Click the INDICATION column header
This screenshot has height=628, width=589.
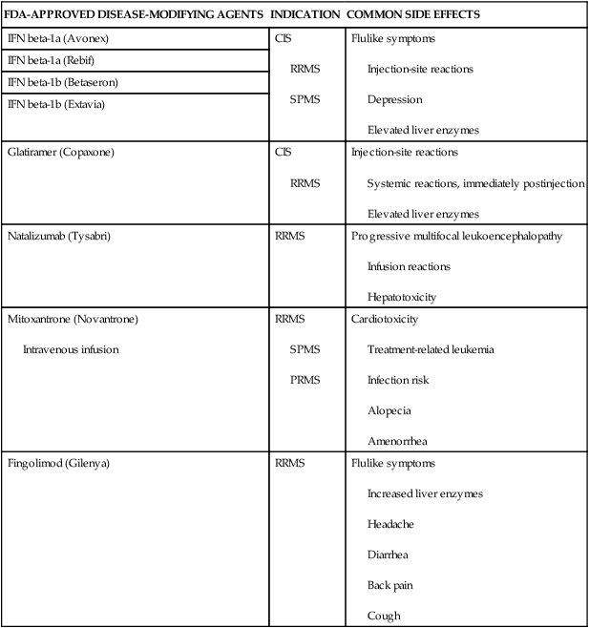click(x=305, y=15)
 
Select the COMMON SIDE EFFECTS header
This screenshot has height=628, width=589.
click(x=413, y=15)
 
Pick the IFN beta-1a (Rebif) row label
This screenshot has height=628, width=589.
click(x=49, y=61)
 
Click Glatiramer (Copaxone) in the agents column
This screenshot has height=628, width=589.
click(x=59, y=152)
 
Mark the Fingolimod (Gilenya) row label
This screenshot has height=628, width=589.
click(x=57, y=463)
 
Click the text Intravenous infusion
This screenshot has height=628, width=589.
click(x=71, y=349)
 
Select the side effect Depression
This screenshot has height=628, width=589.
click(x=394, y=99)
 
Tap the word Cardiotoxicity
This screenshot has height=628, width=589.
click(x=385, y=319)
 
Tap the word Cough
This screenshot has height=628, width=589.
click(x=384, y=616)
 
